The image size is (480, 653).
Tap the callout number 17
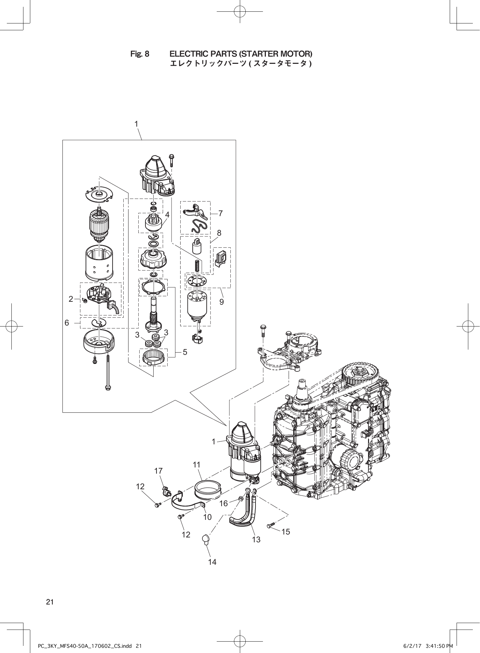click(x=158, y=471)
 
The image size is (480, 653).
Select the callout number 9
click(x=221, y=302)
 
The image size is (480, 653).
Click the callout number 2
click(x=71, y=299)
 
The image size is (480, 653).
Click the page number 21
click(x=50, y=602)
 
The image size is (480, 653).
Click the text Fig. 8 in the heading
click(x=140, y=54)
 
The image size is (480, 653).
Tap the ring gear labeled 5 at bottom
click(x=153, y=357)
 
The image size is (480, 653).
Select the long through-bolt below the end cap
click(x=107, y=373)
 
